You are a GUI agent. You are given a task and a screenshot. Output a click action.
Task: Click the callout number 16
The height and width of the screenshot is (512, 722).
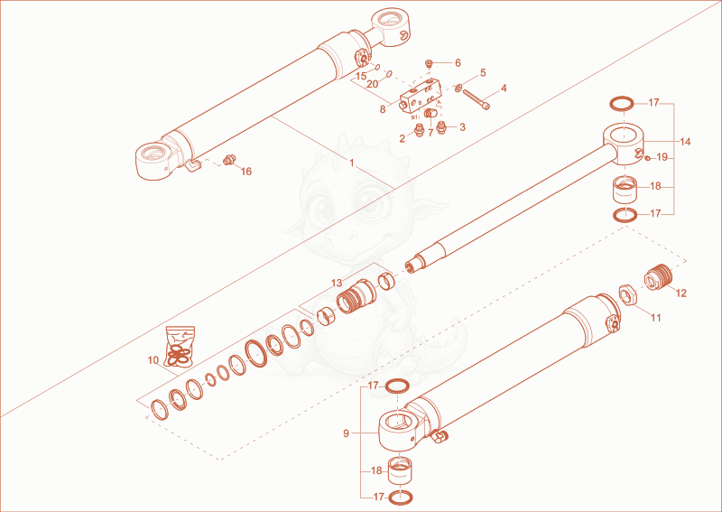[x=246, y=172]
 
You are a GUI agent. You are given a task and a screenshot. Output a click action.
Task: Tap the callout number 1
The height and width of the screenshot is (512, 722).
[x=352, y=163]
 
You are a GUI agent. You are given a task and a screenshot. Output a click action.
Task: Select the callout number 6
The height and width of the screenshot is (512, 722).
[x=458, y=62]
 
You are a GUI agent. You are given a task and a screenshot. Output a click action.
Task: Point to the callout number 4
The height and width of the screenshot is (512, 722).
[x=504, y=88]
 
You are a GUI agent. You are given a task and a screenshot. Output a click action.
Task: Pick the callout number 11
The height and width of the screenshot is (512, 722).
[x=656, y=318]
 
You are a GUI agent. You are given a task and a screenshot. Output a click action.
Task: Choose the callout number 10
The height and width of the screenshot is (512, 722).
[x=153, y=360]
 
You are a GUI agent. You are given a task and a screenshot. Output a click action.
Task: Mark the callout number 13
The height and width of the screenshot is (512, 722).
[x=337, y=283]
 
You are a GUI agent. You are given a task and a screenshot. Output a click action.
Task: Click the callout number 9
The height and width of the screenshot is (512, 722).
[x=346, y=433]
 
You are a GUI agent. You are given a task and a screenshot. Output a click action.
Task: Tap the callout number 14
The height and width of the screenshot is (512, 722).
[x=685, y=142]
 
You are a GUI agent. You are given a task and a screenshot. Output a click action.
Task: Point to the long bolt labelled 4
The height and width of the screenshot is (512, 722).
[x=477, y=99]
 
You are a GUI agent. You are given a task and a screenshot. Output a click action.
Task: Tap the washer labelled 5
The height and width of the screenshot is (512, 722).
[x=459, y=87]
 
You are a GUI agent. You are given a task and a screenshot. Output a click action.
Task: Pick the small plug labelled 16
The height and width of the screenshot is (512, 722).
[x=229, y=160]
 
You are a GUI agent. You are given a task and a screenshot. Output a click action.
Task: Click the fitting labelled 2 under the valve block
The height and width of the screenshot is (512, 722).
[x=418, y=129]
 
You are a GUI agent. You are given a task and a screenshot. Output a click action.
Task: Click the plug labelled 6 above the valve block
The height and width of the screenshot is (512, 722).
[x=430, y=63]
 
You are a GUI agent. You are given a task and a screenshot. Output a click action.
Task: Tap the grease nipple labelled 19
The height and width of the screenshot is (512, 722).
[x=647, y=158]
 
